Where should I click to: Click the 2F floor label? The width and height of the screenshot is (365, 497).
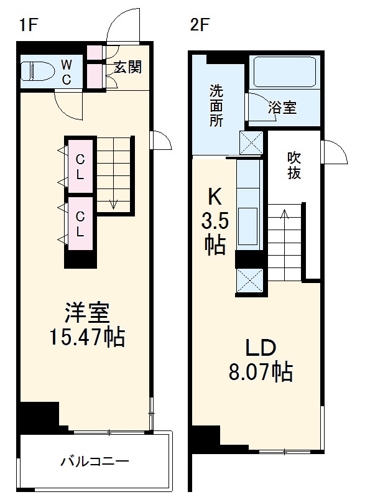point(200,26)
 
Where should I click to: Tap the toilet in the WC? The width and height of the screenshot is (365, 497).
point(37,71)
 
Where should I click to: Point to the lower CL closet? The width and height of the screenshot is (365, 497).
point(80,223)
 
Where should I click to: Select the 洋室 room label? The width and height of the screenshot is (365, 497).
point(87,312)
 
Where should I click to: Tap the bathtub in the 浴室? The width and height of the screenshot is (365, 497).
point(285,73)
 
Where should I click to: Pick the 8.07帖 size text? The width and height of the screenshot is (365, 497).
point(261,372)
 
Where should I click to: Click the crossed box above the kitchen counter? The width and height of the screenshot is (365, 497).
point(251,143)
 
